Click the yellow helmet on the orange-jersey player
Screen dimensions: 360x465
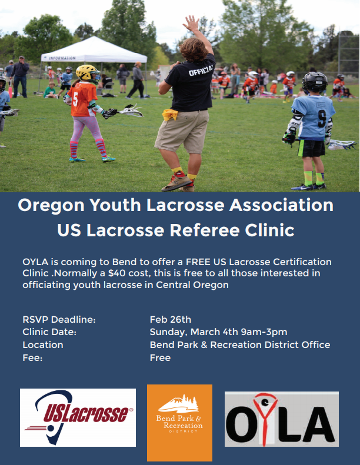coord(87,73)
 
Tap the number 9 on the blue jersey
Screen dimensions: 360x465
coord(322,119)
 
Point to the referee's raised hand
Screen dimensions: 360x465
coord(191,24)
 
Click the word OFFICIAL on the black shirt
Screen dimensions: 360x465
coord(201,69)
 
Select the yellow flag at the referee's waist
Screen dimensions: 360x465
coord(170,115)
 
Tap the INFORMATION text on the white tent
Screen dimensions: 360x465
coord(62,58)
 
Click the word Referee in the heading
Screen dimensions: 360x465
coord(205,230)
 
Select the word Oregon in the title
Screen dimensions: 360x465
coord(51,205)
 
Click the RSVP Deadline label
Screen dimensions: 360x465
coord(59,319)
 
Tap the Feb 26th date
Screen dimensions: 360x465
coord(171,319)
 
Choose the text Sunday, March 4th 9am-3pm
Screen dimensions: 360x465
coord(218,332)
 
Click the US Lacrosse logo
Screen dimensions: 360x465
coord(78,417)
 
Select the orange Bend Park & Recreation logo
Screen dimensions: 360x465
coord(179,423)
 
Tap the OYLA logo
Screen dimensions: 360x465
coord(282,419)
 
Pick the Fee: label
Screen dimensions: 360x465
coord(32,357)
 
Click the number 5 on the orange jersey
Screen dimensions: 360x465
coord(75,99)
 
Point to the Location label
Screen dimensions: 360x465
coord(43,344)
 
